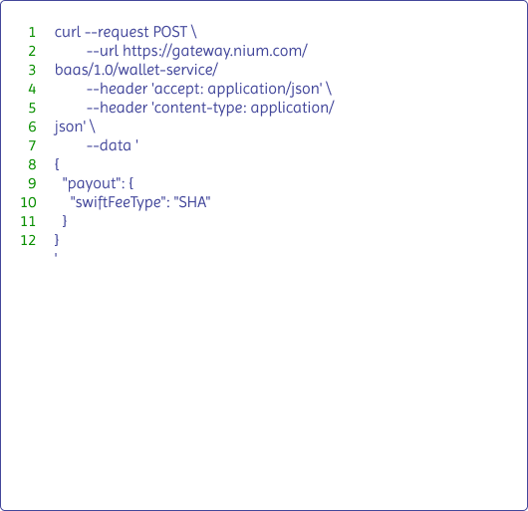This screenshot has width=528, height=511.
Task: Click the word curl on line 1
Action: [68, 32]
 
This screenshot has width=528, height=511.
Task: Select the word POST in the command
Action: [169, 32]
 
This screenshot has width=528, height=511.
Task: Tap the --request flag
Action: [117, 33]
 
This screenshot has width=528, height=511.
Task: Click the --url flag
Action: [103, 51]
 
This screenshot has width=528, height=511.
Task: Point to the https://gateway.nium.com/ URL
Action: [215, 52]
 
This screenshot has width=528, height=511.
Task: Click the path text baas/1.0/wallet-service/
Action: [136, 70]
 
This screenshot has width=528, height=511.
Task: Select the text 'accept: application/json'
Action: [237, 90]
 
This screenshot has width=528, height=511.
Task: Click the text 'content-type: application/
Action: [243, 108]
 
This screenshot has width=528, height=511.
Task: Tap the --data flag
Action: [109, 145]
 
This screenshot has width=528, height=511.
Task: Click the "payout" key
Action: [92, 184]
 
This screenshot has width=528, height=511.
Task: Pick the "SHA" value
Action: [192, 202]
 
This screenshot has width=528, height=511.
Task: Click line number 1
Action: [32, 32]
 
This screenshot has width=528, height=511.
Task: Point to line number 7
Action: [32, 145]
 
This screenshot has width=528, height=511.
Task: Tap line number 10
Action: [28, 202]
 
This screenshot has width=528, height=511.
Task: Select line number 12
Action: [28, 240]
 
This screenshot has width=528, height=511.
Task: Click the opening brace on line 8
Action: [57, 164]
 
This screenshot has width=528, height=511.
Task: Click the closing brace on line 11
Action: [65, 221]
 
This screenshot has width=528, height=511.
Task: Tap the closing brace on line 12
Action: [57, 240]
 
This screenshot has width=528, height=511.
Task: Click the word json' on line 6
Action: [70, 128]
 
